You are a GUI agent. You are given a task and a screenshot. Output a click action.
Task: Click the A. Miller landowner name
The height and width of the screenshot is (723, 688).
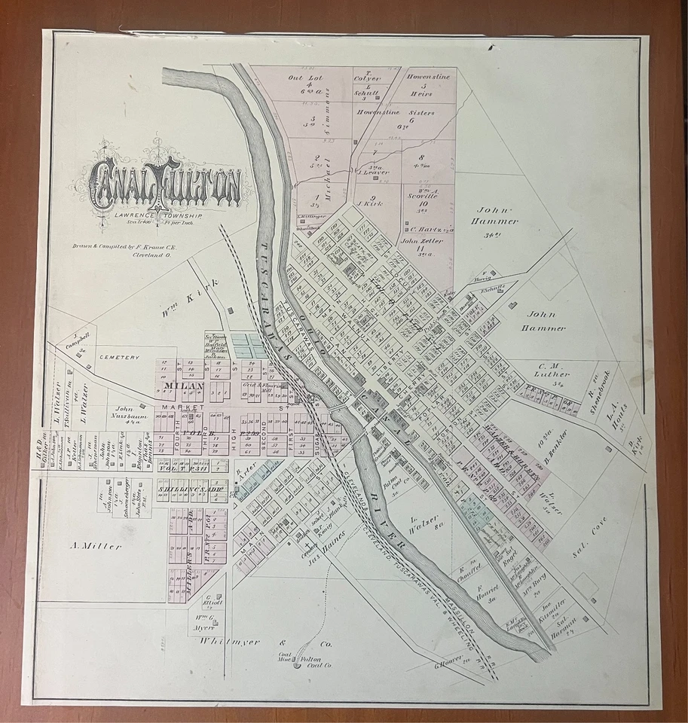point(96,546)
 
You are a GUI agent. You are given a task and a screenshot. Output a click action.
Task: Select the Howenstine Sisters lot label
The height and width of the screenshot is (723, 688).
point(410,113)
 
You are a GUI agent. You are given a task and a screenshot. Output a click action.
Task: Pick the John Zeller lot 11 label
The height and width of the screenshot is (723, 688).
point(420,241)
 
